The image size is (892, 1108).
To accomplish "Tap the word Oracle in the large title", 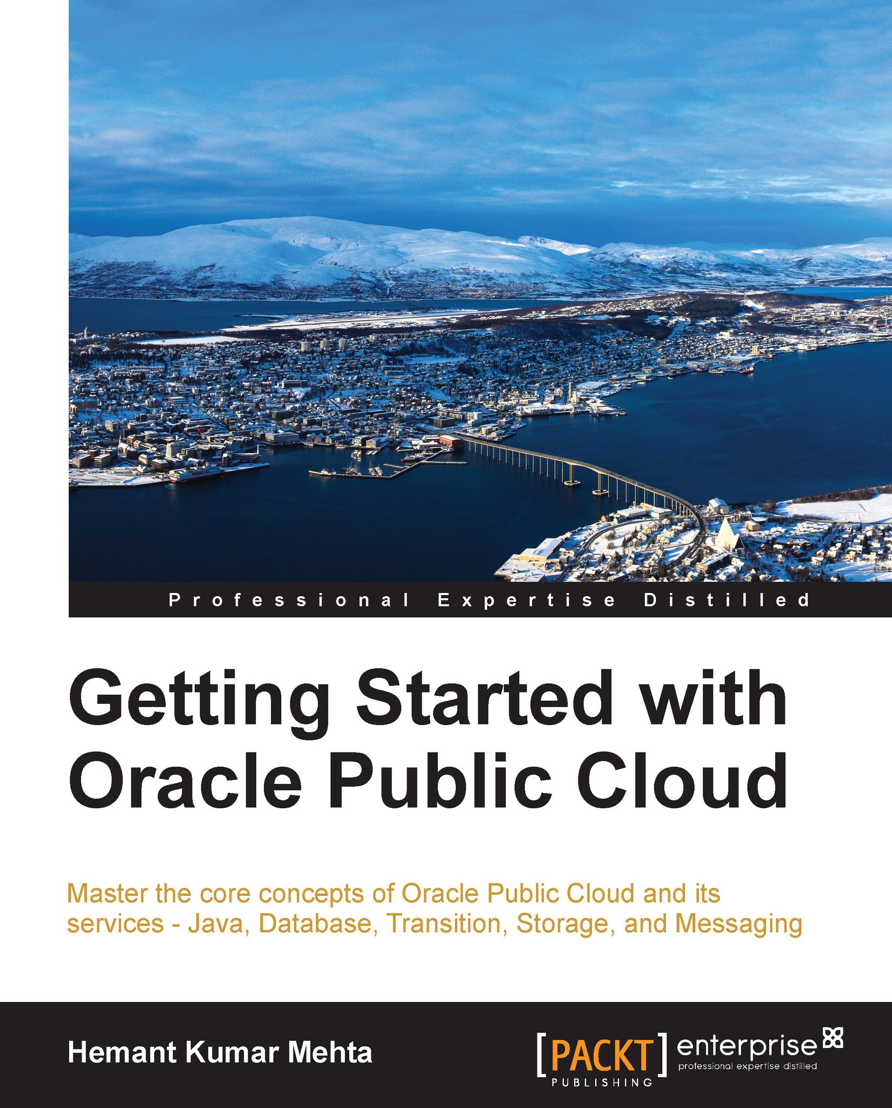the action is tap(184, 780).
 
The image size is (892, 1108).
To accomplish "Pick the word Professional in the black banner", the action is tap(289, 600).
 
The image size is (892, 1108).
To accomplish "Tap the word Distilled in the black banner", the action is tap(727, 600).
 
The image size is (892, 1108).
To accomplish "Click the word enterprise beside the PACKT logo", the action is tap(746, 1046).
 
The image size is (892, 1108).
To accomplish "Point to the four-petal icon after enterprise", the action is tap(832, 1037).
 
